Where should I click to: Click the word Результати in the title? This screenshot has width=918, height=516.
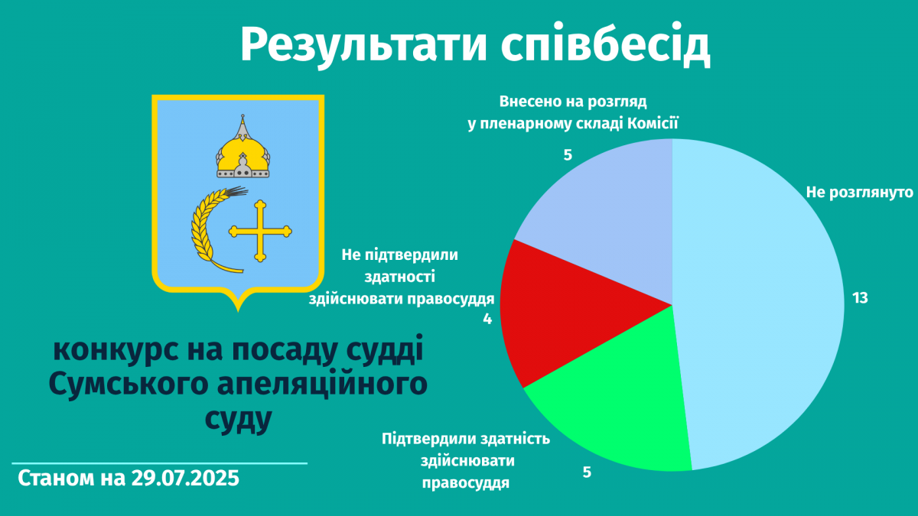(363, 45)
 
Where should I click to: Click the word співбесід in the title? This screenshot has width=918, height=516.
(605, 44)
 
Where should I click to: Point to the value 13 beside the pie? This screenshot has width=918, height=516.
(860, 298)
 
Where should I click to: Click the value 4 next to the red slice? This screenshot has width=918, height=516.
(487, 319)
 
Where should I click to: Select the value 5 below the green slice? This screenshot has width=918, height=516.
(587, 472)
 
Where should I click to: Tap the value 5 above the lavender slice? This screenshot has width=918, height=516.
(568, 155)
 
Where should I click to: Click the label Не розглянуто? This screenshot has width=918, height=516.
(859, 192)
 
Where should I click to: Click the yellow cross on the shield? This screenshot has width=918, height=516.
(260, 231)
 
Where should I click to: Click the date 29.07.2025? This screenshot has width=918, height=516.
(185, 478)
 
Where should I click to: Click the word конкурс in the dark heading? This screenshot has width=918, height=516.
(116, 351)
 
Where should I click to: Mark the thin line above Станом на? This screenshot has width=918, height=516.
(159, 463)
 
